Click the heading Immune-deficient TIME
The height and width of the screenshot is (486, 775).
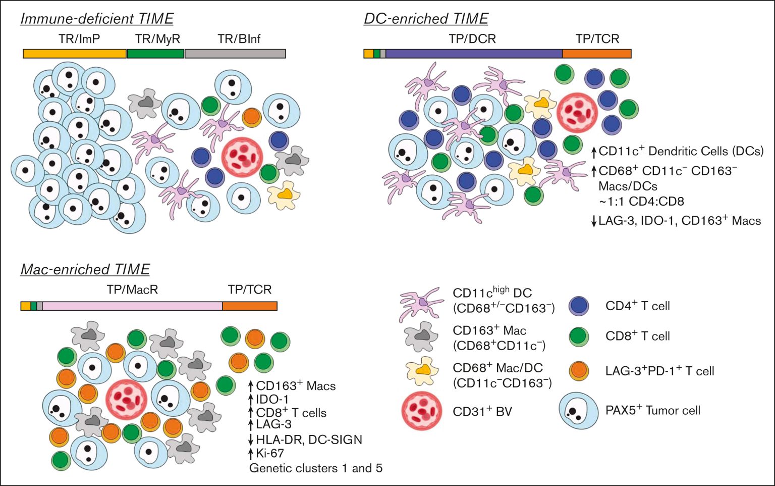pos(97,19)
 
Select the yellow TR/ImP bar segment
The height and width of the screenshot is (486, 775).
pos(75,54)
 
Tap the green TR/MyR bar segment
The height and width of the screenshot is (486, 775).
pos(155,54)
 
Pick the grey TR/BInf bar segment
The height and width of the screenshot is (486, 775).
pos(235,54)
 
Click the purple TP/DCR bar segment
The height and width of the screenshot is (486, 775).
pos(474,54)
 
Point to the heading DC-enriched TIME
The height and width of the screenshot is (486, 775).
pos(426,19)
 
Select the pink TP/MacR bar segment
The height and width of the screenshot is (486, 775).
pos(132,306)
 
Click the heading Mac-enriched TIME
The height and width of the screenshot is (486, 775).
pos(85,270)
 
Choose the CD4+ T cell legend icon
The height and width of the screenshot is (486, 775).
pos(579,306)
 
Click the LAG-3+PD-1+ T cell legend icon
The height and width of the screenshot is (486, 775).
pos(579,371)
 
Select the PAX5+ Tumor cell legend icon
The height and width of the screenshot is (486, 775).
pos(578,410)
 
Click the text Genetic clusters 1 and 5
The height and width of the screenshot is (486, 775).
pos(316,468)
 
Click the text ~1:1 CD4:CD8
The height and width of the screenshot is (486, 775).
pos(641,202)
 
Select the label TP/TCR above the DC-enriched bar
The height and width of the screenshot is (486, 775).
pos(597,39)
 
